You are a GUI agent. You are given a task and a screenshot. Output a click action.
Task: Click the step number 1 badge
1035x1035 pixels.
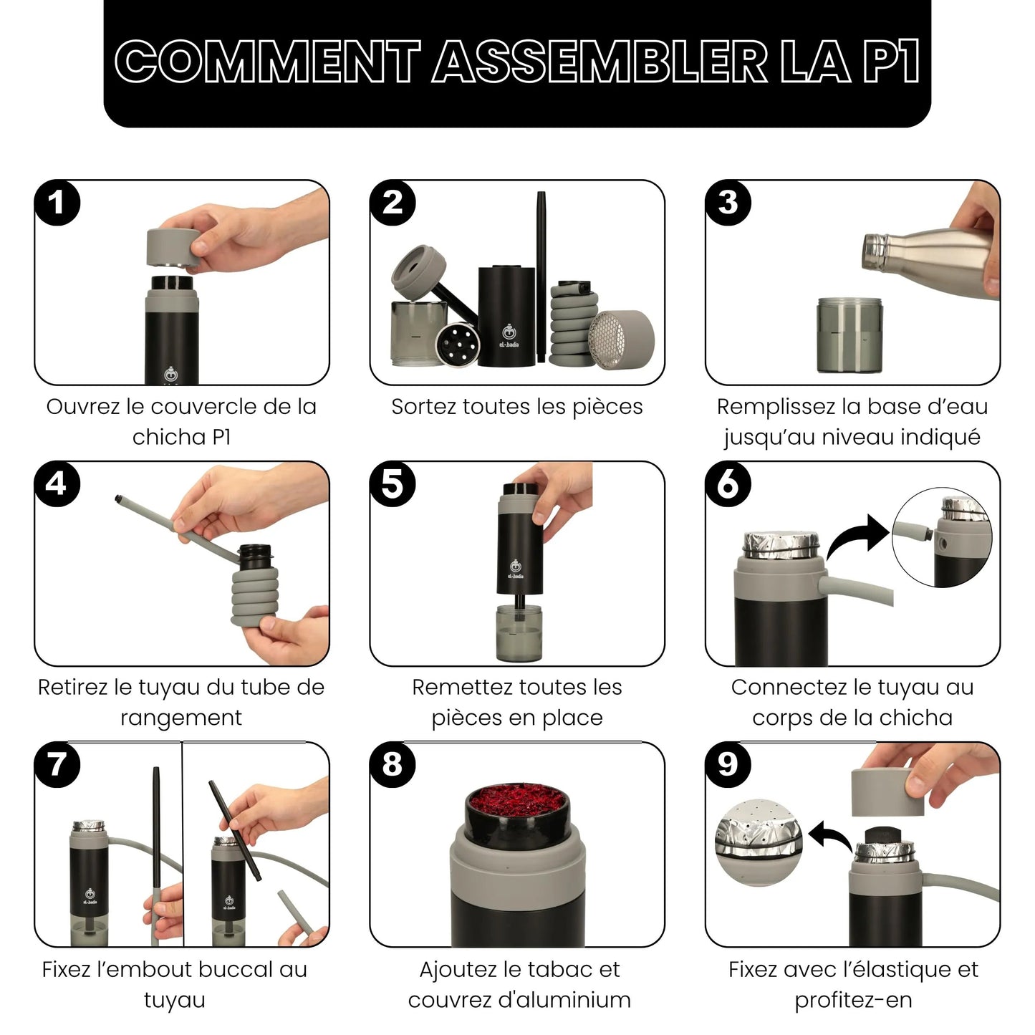(57, 203)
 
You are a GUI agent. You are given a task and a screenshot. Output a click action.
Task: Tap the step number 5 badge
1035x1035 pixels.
(393, 484)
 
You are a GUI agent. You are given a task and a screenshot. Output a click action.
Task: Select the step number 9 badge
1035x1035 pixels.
(728, 764)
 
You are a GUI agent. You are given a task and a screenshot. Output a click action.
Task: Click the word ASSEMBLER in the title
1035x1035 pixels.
(600, 62)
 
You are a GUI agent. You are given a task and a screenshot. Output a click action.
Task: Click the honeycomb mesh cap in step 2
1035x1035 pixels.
(621, 340)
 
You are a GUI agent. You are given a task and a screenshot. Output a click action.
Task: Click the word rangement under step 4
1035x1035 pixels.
(181, 718)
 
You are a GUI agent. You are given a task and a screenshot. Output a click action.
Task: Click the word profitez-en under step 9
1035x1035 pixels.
(853, 1000)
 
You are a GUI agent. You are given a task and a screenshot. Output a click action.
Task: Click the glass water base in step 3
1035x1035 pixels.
(849, 336)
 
